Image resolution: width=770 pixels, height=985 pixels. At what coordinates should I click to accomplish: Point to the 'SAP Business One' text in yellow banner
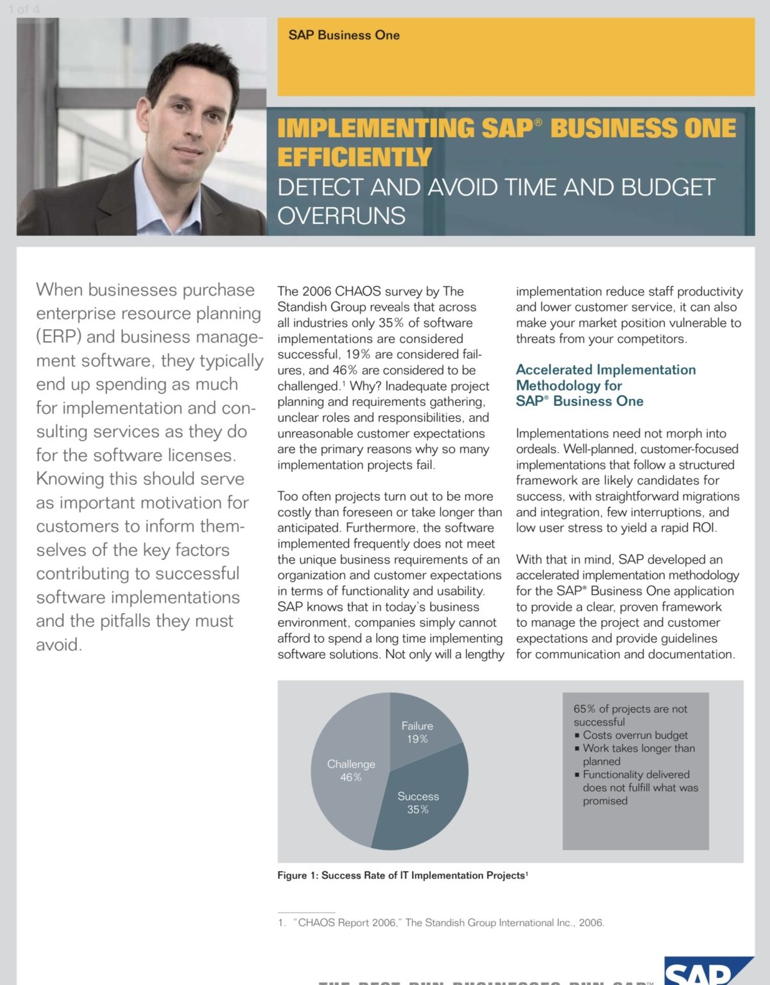(344, 35)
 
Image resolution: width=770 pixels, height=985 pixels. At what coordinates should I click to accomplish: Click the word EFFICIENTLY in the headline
(354, 157)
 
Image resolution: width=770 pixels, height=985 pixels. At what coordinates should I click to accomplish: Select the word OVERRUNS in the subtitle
(341, 216)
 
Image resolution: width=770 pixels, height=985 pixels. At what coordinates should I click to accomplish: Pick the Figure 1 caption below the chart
(402, 875)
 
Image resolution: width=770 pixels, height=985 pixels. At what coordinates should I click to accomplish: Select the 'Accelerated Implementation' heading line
(606, 370)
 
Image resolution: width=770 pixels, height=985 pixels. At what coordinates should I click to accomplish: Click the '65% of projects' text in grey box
(629, 709)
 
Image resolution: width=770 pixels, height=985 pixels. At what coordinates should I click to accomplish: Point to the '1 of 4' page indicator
(24, 10)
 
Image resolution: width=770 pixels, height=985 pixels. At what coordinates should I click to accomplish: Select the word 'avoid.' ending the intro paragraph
(59, 644)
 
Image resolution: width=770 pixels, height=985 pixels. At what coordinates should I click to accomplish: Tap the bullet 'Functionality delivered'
(636, 775)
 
